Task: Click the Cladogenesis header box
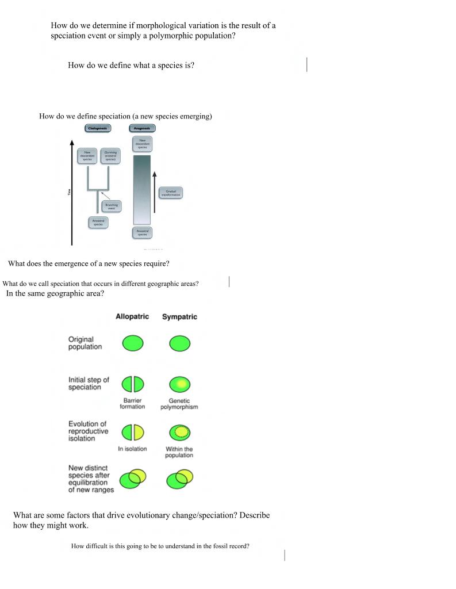(98, 128)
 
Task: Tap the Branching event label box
(111, 206)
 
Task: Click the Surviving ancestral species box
(110, 155)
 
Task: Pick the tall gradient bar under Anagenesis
(142, 189)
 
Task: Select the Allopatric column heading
(132, 317)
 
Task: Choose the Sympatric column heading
(179, 317)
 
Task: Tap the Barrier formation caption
(132, 404)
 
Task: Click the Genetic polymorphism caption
(179, 404)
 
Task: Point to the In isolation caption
(132, 449)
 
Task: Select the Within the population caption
(179, 452)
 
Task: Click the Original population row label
(85, 343)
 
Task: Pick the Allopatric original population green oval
(132, 344)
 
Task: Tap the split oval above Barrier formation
(132, 384)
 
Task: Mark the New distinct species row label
(91, 479)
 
